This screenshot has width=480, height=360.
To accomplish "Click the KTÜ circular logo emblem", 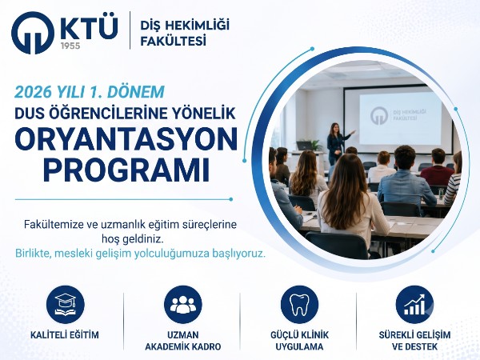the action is pos(33,33).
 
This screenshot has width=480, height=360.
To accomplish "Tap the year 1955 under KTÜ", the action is pos(70,46).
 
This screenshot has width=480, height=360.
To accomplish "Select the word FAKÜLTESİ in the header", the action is pos(174,42).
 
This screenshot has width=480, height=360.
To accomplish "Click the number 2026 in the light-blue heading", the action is pos(34,92).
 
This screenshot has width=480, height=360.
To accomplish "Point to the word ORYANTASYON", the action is pos(126,138).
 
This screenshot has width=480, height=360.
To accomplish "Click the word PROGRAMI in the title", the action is pos(126,170).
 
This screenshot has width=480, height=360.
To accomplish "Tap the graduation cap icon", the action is pos(66,304).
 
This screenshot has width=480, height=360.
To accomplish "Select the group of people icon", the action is pos(183,304).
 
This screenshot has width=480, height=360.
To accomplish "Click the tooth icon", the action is pos(299,304).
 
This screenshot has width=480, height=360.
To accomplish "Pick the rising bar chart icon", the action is pos(414,304).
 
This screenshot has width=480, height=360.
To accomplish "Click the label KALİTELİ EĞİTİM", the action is pos(65,335).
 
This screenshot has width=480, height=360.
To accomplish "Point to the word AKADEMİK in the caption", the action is pos(167,347).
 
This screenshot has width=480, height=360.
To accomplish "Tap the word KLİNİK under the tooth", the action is pos(314,335).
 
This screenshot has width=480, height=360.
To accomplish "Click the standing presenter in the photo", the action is pos(336,143).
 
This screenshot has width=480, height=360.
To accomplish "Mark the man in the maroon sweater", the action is pos(437,168).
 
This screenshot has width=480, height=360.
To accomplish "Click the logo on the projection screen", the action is pos(379,116).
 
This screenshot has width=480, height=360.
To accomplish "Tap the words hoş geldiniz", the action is pos(133,239).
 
